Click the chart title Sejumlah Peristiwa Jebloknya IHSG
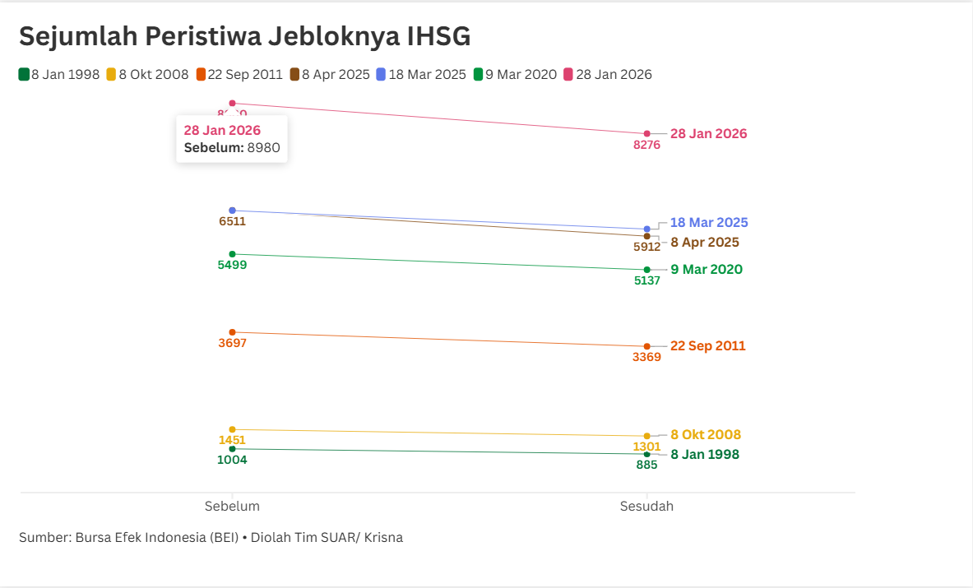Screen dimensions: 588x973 pyautogui.click(x=244, y=36)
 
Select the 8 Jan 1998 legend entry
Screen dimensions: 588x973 pyautogui.click(x=59, y=75)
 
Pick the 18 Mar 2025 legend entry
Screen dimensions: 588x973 pyautogui.click(x=421, y=75)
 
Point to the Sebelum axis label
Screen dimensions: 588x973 pyautogui.click(x=232, y=507)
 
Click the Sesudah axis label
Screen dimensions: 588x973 pyautogui.click(x=646, y=507)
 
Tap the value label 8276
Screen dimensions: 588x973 pyautogui.click(x=646, y=146)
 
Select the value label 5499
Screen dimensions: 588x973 pyautogui.click(x=232, y=266)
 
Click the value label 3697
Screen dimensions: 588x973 pyautogui.click(x=232, y=344)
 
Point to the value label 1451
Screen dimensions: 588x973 pyautogui.click(x=232, y=441)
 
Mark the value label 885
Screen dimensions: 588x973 pyautogui.click(x=646, y=465)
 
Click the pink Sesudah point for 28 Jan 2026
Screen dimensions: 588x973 pyautogui.click(x=646, y=133)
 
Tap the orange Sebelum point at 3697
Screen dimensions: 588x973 pyautogui.click(x=232, y=332)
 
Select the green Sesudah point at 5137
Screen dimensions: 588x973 pyautogui.click(x=646, y=270)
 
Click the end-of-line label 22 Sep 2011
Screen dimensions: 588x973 pyautogui.click(x=707, y=346)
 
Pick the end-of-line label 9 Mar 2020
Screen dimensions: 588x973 pyautogui.click(x=706, y=270)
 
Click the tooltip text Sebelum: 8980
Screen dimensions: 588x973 pyautogui.click(x=232, y=148)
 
